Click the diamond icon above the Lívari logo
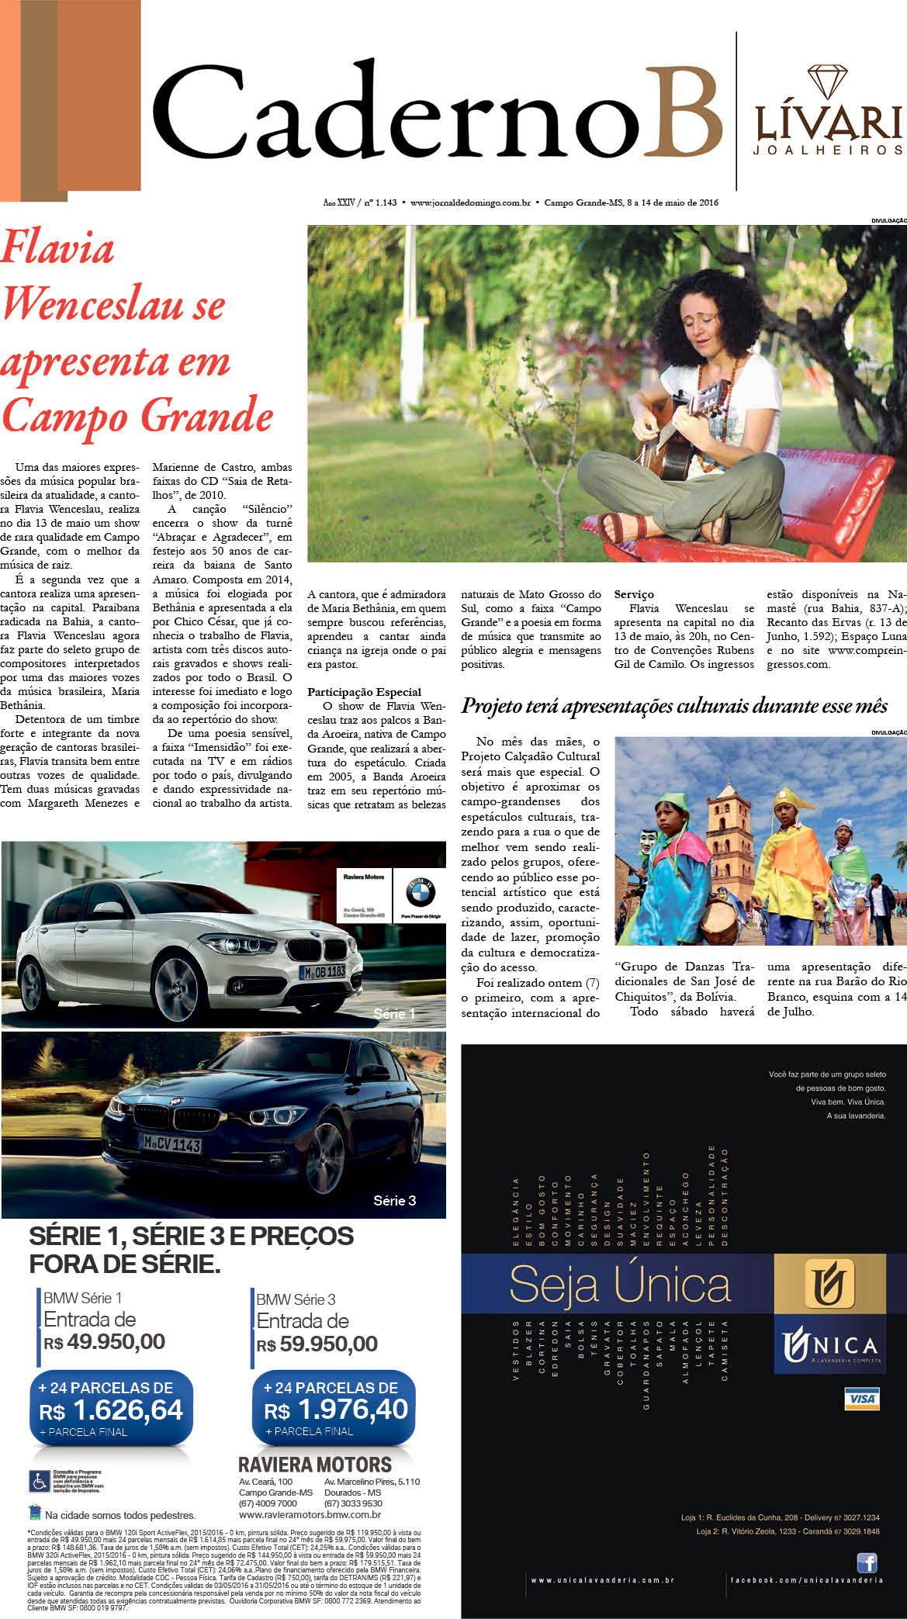tap(828, 81)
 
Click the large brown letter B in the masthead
tap(682, 113)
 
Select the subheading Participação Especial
tap(364, 692)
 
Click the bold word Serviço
tap(634, 594)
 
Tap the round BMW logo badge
tap(420, 893)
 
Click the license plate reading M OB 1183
tap(324, 971)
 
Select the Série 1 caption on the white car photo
tap(394, 1014)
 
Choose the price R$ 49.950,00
tap(105, 1341)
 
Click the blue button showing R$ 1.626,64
tap(110, 1408)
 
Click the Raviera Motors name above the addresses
tap(314, 1465)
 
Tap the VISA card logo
tap(862, 1399)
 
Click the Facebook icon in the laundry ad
tap(867, 1562)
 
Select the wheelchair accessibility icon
tap(39, 1481)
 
